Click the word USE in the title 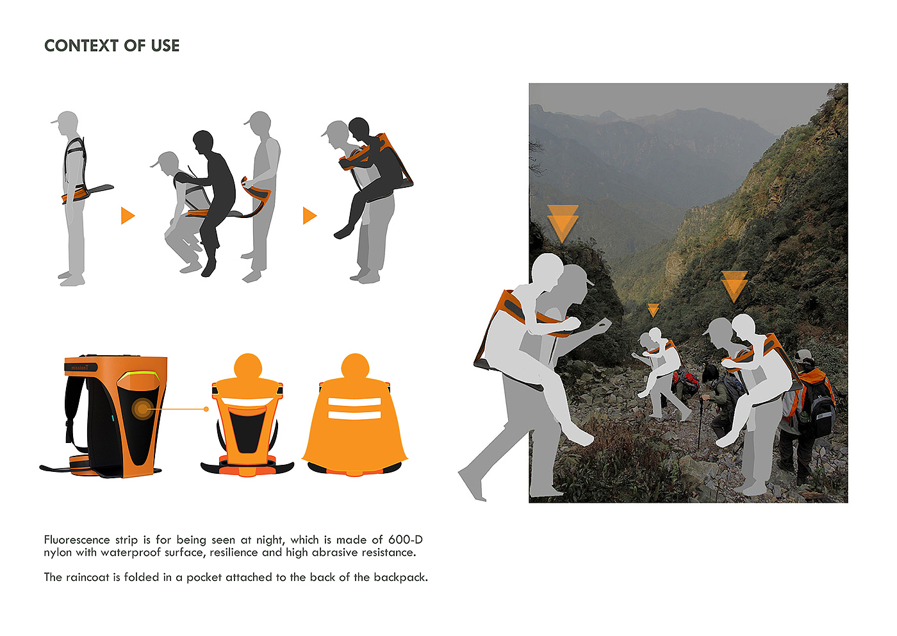point(165,46)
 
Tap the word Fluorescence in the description point(77,540)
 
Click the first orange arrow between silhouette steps point(128,215)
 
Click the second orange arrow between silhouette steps point(310,215)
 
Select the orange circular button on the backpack point(142,409)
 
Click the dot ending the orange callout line point(206,409)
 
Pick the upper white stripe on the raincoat point(354,402)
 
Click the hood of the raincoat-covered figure point(355,365)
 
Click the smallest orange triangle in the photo point(653,310)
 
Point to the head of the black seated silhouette point(203,142)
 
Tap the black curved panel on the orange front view point(247,429)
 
